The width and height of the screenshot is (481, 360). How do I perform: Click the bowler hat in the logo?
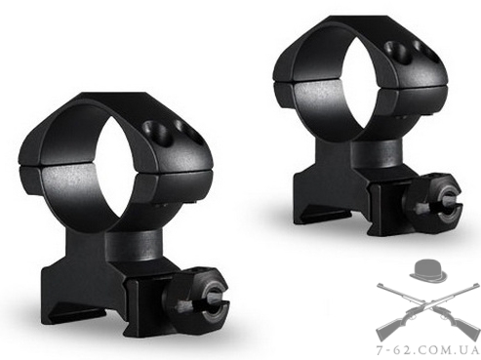[x=427, y=270]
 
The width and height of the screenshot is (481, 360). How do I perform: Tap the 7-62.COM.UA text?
[x=427, y=351]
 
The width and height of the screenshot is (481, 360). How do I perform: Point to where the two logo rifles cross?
[x=427, y=303]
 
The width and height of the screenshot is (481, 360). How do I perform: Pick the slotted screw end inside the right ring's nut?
[x=446, y=204]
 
